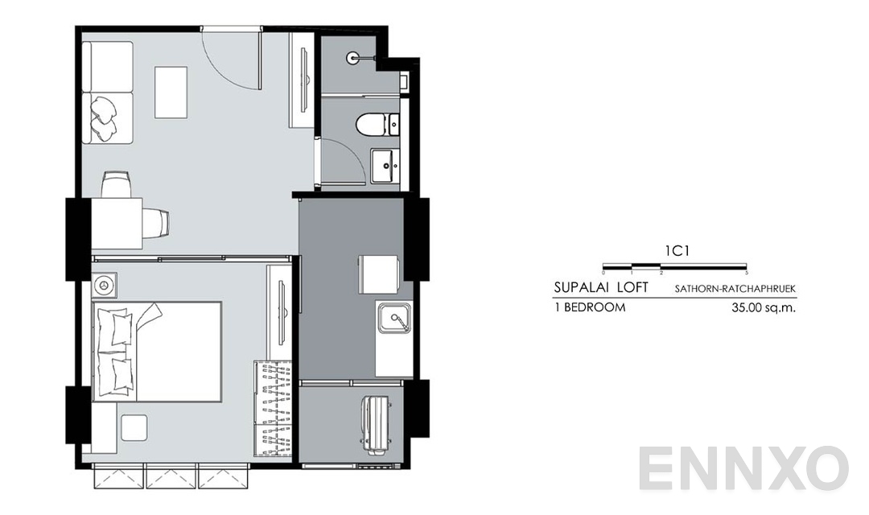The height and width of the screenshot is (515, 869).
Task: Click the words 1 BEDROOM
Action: pos(590,307)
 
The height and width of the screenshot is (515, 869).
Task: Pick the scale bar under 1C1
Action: pos(675,266)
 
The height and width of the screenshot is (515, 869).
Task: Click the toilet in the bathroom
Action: pos(373,125)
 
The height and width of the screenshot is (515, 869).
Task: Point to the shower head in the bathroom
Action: pos(354,57)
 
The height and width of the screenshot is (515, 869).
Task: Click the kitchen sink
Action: pos(395,320)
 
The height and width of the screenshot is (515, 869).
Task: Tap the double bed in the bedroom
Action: pos(157,351)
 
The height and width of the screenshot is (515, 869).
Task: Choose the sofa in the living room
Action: pos(108,93)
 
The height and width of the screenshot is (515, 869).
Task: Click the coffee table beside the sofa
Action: pos(171,93)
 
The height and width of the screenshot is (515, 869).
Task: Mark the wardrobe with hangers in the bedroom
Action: pos(273,409)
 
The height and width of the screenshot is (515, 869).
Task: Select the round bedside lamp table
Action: pos(105,286)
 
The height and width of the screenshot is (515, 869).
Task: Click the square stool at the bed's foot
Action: pos(134,427)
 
